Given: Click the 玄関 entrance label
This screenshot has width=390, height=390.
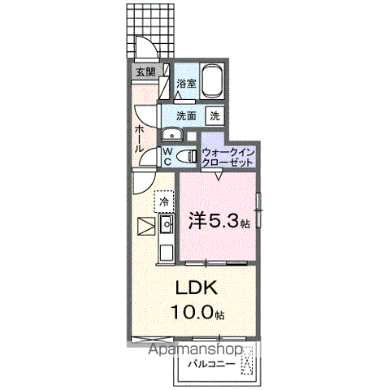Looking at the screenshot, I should tap(145, 72).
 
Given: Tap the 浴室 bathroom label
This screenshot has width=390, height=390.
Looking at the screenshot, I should tap(186, 83).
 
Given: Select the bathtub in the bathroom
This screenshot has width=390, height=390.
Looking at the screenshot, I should tap(212, 81).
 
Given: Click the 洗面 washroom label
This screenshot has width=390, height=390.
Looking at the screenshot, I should tap(186, 115).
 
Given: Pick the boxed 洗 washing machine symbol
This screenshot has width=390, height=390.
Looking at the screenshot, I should tap(214, 115).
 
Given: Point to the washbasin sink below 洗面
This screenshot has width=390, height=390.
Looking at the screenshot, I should tap(172, 135).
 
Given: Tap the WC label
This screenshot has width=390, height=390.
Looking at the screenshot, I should tap(167, 156).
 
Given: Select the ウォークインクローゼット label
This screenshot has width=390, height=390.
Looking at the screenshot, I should tap(228, 157).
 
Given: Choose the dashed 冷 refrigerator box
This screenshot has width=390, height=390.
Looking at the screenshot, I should tap(163, 201).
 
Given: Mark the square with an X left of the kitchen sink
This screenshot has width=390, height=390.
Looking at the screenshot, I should tap(145, 225).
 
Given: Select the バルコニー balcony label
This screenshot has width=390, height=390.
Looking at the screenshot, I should tap(214, 363).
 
